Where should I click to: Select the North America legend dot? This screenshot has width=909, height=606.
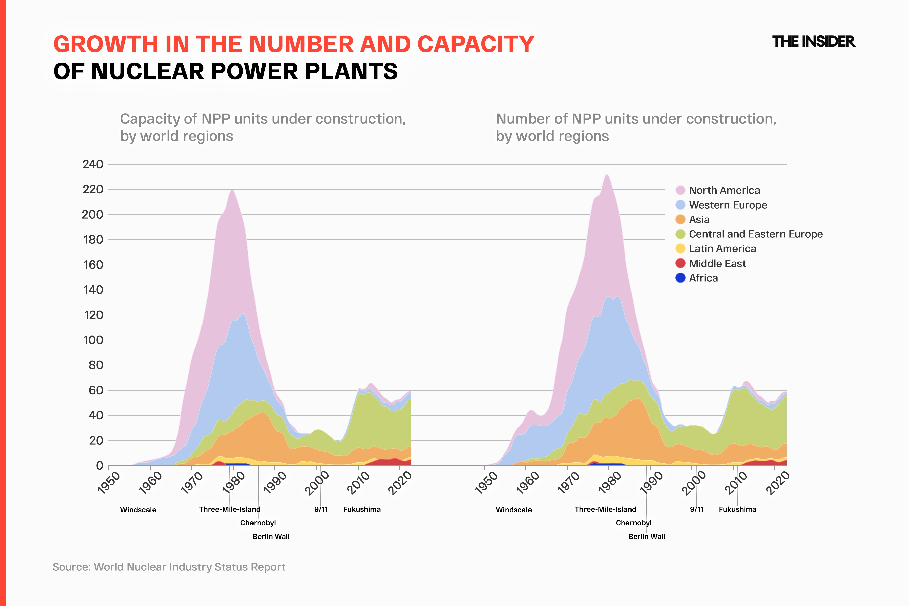coord(680,190)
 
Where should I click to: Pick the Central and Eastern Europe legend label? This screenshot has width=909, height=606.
coord(755,234)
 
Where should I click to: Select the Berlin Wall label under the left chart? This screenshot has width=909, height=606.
coord(271,536)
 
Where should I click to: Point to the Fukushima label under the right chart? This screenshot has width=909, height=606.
coord(737,509)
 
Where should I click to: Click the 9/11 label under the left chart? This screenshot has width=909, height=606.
coord(321,509)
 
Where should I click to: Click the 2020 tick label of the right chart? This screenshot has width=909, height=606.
coord(778,483)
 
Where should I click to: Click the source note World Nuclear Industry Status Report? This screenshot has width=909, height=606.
coord(189,567)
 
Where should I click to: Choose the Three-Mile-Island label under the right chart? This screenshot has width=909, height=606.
coord(605,509)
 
